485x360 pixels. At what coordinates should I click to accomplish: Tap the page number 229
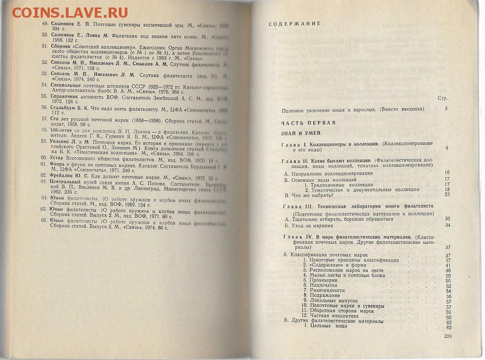(449, 336)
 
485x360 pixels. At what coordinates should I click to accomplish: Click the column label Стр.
(442, 98)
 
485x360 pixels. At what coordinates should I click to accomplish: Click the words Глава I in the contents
(295, 145)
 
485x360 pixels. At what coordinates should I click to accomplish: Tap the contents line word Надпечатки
(325, 286)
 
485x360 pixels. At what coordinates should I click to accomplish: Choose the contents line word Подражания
(325, 297)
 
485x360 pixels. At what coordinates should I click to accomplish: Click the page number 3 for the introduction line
(445, 110)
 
